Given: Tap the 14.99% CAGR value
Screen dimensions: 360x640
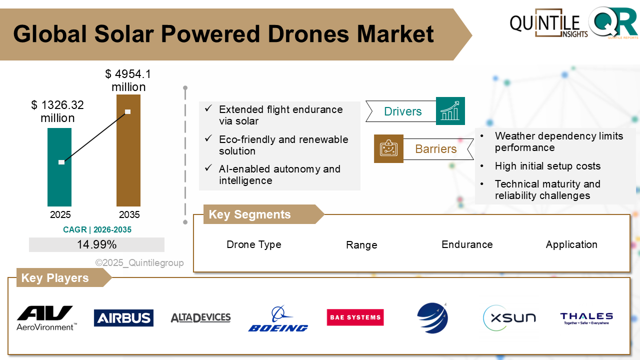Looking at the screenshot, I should point(96,244).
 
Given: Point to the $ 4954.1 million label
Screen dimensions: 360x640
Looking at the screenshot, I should point(128,80).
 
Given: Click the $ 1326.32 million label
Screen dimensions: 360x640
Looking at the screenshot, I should point(57,111).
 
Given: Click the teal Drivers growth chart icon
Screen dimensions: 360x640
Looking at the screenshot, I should point(450,111).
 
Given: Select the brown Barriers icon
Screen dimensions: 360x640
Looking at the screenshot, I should point(388,148).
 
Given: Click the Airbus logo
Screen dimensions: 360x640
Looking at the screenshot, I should point(123,318).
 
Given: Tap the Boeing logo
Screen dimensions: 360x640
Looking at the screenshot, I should point(278,319).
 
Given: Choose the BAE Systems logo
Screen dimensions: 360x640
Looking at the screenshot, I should point(355,317).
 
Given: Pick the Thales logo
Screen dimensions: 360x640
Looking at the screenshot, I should point(586,318).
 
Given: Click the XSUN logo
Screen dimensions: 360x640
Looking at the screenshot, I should point(509,317).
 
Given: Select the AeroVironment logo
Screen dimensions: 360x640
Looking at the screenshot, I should point(46,318).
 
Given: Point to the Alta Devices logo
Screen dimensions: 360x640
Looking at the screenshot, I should point(200,317).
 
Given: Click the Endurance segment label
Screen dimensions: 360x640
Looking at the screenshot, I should point(467,244).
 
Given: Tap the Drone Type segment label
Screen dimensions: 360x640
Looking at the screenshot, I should point(254,244).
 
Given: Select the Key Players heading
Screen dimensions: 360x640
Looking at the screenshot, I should point(55,278).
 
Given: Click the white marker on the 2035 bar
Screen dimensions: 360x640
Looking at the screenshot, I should point(128,111).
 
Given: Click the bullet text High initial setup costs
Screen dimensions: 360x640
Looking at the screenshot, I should point(547,166).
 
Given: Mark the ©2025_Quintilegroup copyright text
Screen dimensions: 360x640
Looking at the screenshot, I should point(139,262).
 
